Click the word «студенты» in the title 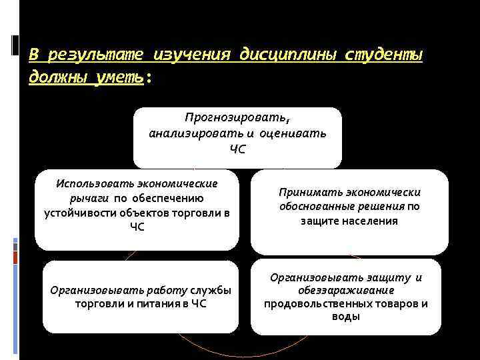pyautogui.click(x=383, y=55)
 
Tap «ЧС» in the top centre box pyautogui.click(x=237, y=147)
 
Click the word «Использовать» pyautogui.click(x=99, y=183)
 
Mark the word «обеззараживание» pyautogui.click(x=345, y=291)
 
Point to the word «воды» pyautogui.click(x=345, y=317)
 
